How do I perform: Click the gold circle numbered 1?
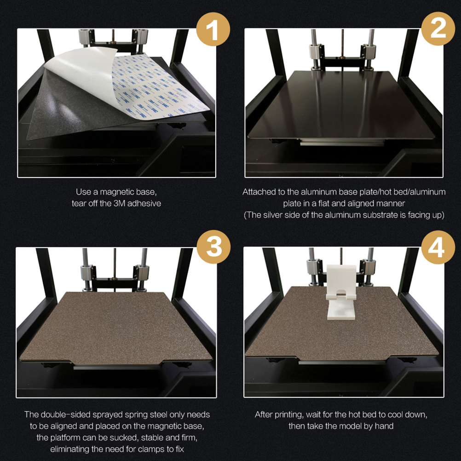click(x=213, y=29)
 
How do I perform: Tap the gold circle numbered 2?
click(x=438, y=29)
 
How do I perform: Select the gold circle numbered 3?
click(x=213, y=247)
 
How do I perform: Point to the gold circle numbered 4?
click(x=438, y=247)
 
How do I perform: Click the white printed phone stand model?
click(x=341, y=292)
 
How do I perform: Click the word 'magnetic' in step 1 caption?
click(x=116, y=192)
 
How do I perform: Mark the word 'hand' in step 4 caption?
click(x=384, y=426)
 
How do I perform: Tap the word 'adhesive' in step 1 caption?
click(x=144, y=203)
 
